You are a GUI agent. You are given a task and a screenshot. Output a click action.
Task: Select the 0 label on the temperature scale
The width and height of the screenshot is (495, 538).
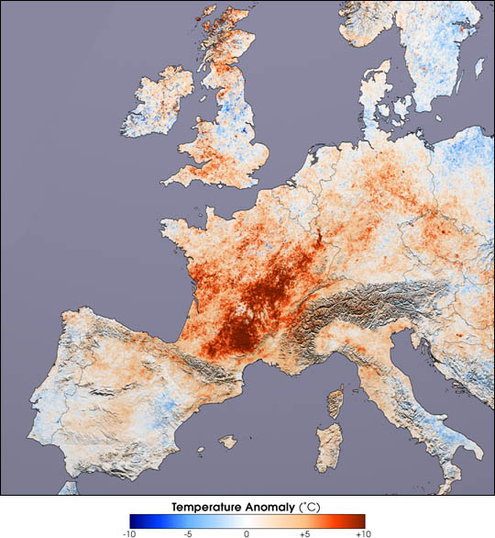tap(247, 532)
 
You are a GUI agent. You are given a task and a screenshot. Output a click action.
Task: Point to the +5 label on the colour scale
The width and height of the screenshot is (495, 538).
tap(303, 532)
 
